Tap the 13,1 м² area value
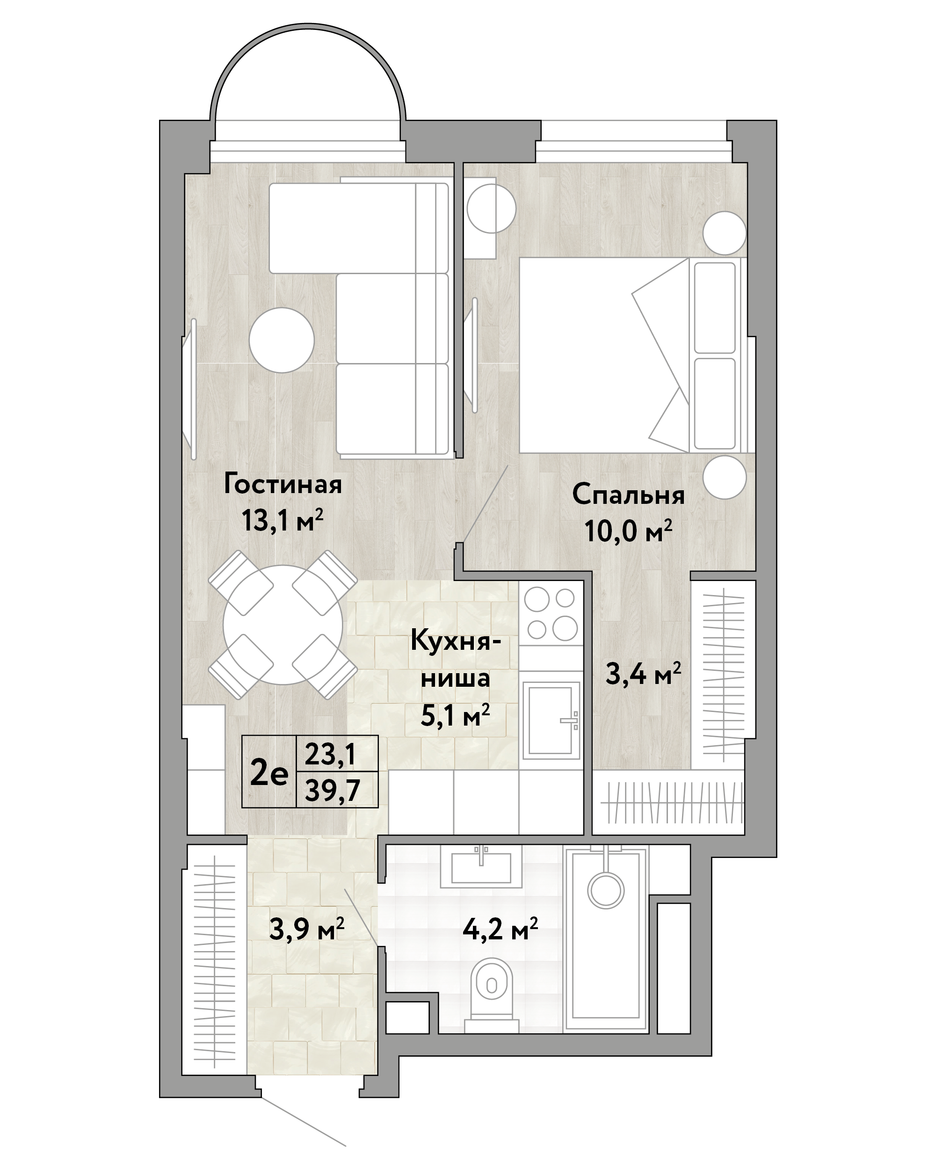click(283, 521)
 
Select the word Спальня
click(628, 495)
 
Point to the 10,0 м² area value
click(628, 530)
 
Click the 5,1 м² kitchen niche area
click(455, 716)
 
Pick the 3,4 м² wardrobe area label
click(644, 674)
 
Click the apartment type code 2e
click(269, 772)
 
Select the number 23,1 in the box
click(330, 754)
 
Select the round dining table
click(283, 625)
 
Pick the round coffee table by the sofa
click(282, 340)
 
